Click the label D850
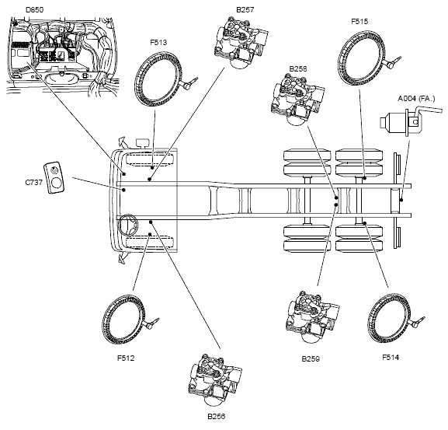[35, 10]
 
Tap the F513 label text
[158, 43]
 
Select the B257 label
[245, 10]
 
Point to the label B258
[298, 68]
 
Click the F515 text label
[359, 22]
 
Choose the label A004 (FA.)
[416, 99]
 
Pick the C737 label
[33, 182]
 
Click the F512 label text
[126, 358]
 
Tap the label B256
[217, 416]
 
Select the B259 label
[311, 358]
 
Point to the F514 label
[391, 358]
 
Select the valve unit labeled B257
[241, 43]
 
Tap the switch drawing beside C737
[54, 178]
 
